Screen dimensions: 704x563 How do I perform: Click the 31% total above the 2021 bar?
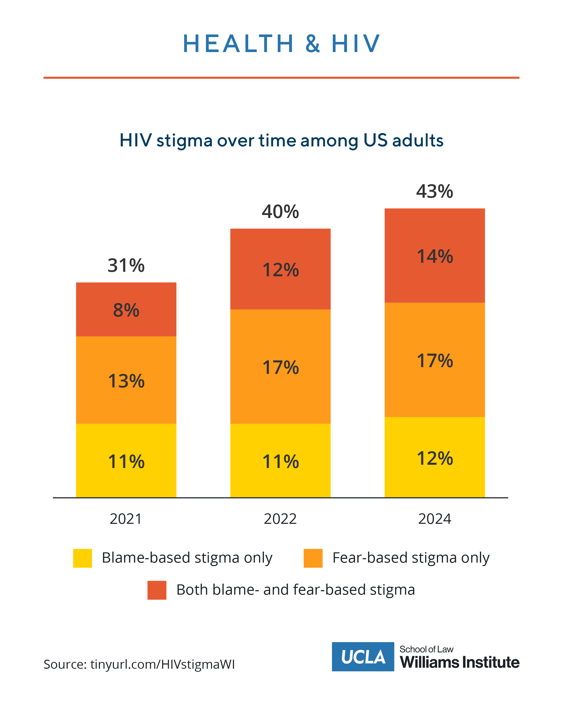point(126,265)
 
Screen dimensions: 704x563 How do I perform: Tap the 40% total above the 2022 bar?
point(280,211)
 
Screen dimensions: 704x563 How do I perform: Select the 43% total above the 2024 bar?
point(434,191)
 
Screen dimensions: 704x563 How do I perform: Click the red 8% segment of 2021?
point(126,310)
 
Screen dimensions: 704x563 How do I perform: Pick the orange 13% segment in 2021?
point(126,380)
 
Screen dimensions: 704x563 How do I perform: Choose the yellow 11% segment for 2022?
point(280,461)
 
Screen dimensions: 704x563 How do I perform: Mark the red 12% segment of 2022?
point(280,269)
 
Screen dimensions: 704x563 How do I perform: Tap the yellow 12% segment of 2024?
point(434,458)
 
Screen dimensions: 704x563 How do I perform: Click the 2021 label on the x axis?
point(126,519)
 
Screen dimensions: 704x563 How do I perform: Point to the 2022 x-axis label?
point(280,519)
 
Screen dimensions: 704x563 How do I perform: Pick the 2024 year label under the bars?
point(434,519)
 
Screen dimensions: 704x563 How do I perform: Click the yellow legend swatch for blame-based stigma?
point(82,558)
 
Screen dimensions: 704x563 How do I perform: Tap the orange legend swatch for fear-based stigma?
point(313,558)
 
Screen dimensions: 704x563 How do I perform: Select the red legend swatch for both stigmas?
point(157,590)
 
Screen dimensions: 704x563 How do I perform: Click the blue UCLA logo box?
point(363,657)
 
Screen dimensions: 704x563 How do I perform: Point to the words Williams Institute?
point(459,662)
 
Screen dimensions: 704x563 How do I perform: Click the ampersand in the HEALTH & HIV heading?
point(313,44)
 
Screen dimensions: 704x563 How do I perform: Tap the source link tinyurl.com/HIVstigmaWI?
point(162,664)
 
